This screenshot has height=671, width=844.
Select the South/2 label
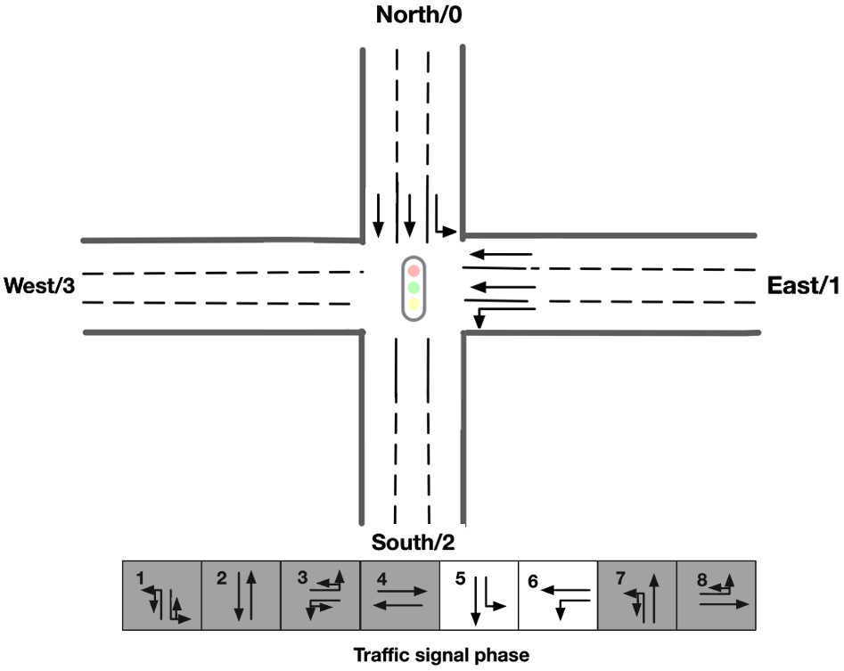(412, 542)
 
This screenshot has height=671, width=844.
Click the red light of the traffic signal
(413, 269)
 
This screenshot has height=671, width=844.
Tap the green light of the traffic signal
(413, 288)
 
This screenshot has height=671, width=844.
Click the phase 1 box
(161, 594)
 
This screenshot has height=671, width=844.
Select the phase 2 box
(241, 594)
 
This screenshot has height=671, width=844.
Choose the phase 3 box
(320, 594)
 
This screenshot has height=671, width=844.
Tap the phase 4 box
(399, 594)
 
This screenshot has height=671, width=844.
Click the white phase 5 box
(479, 594)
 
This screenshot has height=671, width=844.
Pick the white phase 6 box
(557, 594)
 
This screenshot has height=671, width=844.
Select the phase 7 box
(636, 594)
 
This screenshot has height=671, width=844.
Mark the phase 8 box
(716, 594)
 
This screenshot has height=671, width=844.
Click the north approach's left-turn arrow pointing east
(444, 219)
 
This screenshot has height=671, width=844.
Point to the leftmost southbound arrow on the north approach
(378, 215)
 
